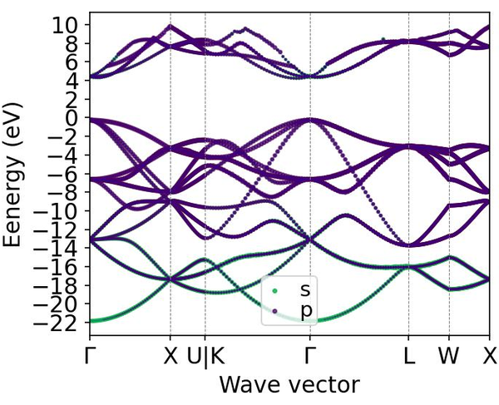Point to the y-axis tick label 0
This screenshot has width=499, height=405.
click(x=72, y=118)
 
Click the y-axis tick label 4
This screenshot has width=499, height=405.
click(x=72, y=81)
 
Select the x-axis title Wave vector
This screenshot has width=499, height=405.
click(x=289, y=385)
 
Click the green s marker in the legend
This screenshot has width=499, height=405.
click(x=274, y=290)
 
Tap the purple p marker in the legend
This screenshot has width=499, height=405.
click(x=274, y=309)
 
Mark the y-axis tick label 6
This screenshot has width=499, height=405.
click(x=72, y=62)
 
